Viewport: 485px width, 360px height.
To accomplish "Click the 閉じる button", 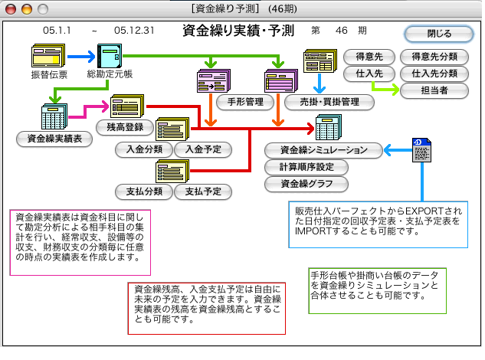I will [439, 34].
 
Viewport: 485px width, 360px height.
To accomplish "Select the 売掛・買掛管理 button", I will [328, 100].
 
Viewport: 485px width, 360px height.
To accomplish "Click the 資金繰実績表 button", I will [54, 139].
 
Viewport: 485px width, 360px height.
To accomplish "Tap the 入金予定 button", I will [202, 150].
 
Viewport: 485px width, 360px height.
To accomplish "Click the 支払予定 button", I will [202, 191].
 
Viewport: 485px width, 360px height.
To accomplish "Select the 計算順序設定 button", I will [306, 167].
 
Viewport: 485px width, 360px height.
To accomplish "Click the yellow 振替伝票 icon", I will [48, 57].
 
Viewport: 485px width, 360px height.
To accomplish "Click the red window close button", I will [11, 8].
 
